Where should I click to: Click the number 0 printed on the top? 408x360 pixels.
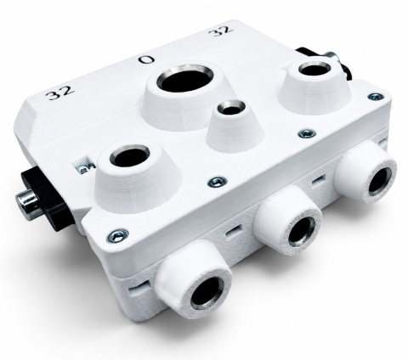coord(146,59)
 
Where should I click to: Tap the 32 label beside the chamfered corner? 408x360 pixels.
coord(60,93)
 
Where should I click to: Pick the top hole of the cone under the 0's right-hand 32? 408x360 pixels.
coord(314,70)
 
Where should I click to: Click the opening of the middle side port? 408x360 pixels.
coord(300,233)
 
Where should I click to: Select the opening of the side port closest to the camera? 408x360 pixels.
coord(206,295)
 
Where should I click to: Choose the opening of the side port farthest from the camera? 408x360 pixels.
coord(380,183)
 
